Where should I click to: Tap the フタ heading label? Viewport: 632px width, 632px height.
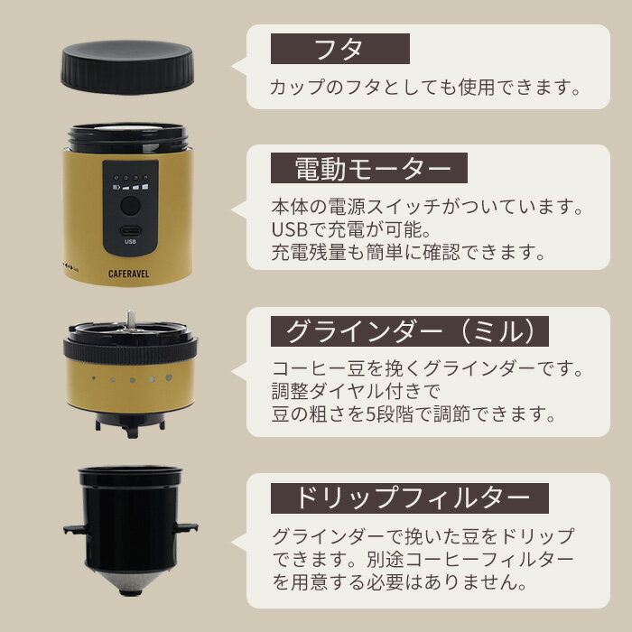(x=339, y=48)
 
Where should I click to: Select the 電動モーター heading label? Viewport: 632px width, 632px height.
(x=368, y=169)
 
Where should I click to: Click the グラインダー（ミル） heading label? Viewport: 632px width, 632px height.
(x=410, y=332)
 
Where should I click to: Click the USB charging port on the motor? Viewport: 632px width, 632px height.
(x=130, y=229)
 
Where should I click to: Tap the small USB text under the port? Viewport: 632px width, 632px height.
(x=130, y=242)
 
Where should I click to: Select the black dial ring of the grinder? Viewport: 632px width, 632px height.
(x=128, y=348)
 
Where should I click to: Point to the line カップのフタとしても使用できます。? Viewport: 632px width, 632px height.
(x=423, y=88)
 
